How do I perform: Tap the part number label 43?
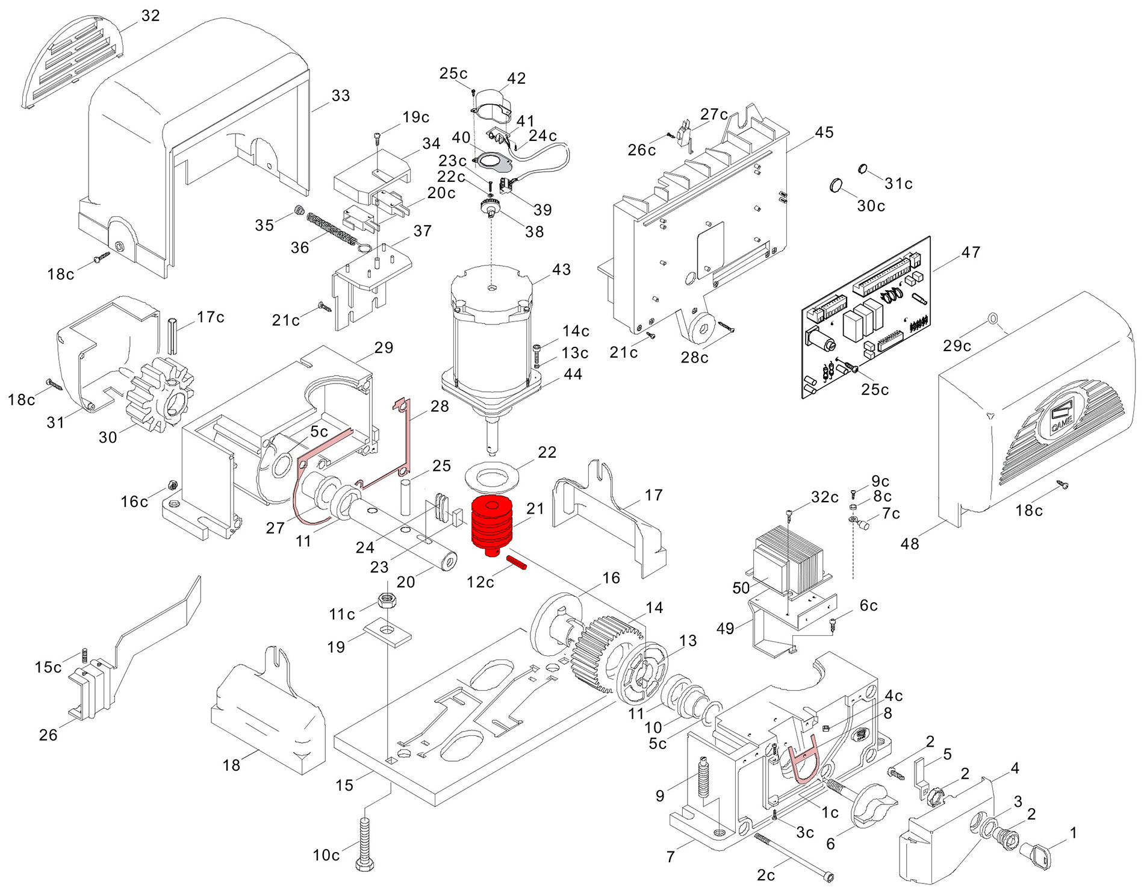click(x=561, y=269)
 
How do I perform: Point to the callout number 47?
click(x=971, y=252)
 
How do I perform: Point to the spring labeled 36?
click(x=331, y=229)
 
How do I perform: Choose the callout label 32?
click(x=151, y=16)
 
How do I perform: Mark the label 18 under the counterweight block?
click(x=231, y=765)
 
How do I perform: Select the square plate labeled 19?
click(x=387, y=631)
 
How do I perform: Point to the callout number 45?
click(x=824, y=132)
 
